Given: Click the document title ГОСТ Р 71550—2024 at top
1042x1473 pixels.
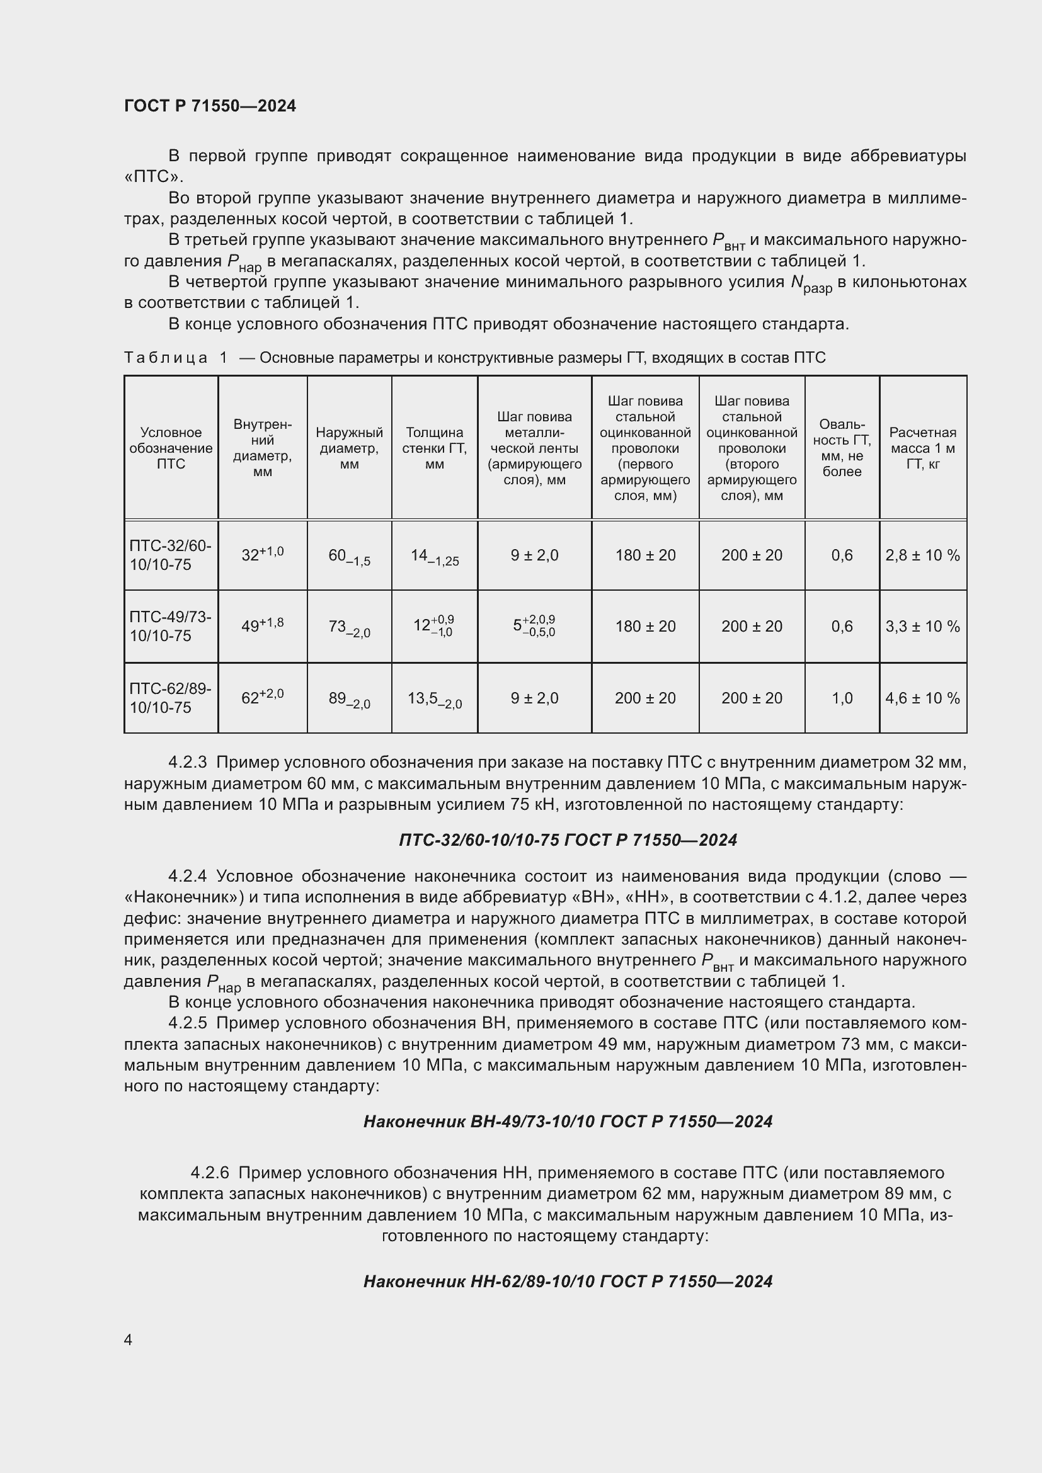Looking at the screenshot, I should coord(210,106).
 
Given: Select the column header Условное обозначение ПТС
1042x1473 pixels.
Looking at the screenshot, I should coord(171,448).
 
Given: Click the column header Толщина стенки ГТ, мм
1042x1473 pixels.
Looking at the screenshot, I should coord(435,448).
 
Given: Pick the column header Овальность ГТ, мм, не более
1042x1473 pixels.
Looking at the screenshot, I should coord(842,448).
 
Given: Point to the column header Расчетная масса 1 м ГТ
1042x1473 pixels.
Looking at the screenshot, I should coord(923,448).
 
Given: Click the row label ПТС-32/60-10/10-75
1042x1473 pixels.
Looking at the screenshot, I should coord(170,555).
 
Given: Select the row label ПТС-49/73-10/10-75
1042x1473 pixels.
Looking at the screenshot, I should coord(170,626).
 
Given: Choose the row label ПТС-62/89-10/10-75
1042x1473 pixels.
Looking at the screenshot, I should coord(170,698).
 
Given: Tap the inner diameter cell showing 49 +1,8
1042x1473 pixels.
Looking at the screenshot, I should coord(263,625).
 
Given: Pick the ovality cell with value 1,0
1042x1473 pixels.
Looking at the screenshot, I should coord(842,698).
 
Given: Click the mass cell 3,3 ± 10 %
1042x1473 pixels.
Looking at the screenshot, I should coord(923,626).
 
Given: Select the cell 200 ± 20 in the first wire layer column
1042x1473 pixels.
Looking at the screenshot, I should coord(645,698).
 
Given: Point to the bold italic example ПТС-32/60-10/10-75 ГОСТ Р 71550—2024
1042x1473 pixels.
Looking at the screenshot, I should coord(568,840).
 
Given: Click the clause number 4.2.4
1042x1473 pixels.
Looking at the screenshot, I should coord(187,877).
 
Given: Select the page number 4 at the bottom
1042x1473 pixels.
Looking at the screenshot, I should coord(129,1339).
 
